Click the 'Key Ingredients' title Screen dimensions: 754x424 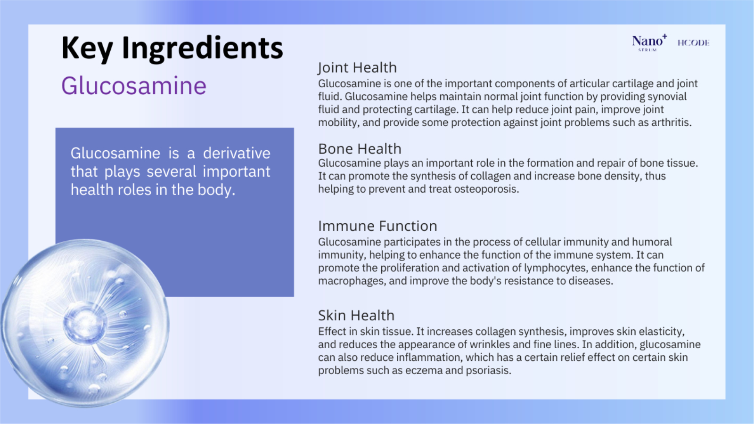pos(172,49)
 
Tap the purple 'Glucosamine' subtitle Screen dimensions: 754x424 pos(134,85)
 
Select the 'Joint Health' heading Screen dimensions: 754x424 pos(358,68)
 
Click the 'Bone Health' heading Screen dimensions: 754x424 pos(360,149)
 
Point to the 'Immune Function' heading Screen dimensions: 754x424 pos(377,226)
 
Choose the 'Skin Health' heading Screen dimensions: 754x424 pos(356,315)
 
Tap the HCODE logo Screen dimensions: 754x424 pos(693,43)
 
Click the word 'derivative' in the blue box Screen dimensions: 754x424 pos(237,154)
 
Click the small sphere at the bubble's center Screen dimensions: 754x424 pos(85,322)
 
